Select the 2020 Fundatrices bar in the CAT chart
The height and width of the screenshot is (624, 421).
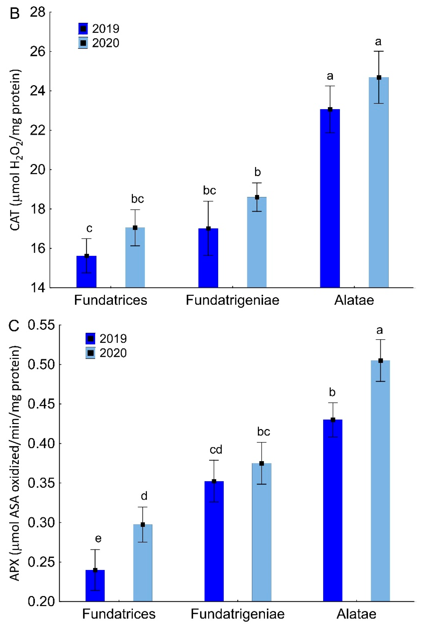[135, 258]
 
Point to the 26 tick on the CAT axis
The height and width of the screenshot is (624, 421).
[37, 52]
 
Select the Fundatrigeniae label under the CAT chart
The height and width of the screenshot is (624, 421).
[232, 300]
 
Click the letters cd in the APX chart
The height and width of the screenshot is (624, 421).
[216, 449]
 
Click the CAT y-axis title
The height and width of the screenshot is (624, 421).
[16, 150]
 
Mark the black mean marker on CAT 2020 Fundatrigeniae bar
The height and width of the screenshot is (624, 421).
[257, 197]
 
